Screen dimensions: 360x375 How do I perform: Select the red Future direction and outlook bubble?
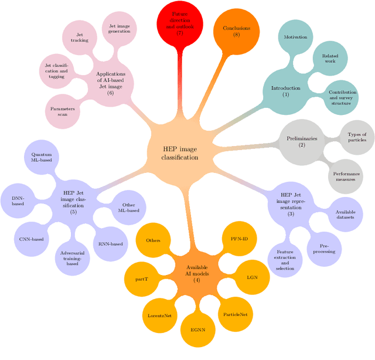[x=180, y=23]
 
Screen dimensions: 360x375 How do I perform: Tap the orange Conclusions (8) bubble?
[x=236, y=31]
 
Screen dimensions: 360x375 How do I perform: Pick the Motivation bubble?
[x=295, y=37]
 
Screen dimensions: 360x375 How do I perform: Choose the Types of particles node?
[x=356, y=137]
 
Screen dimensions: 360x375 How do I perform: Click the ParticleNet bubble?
[x=236, y=314]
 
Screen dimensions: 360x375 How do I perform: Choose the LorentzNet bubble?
[x=159, y=315]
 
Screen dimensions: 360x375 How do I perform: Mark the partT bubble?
[x=142, y=279]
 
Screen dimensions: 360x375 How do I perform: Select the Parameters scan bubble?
[x=63, y=111]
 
